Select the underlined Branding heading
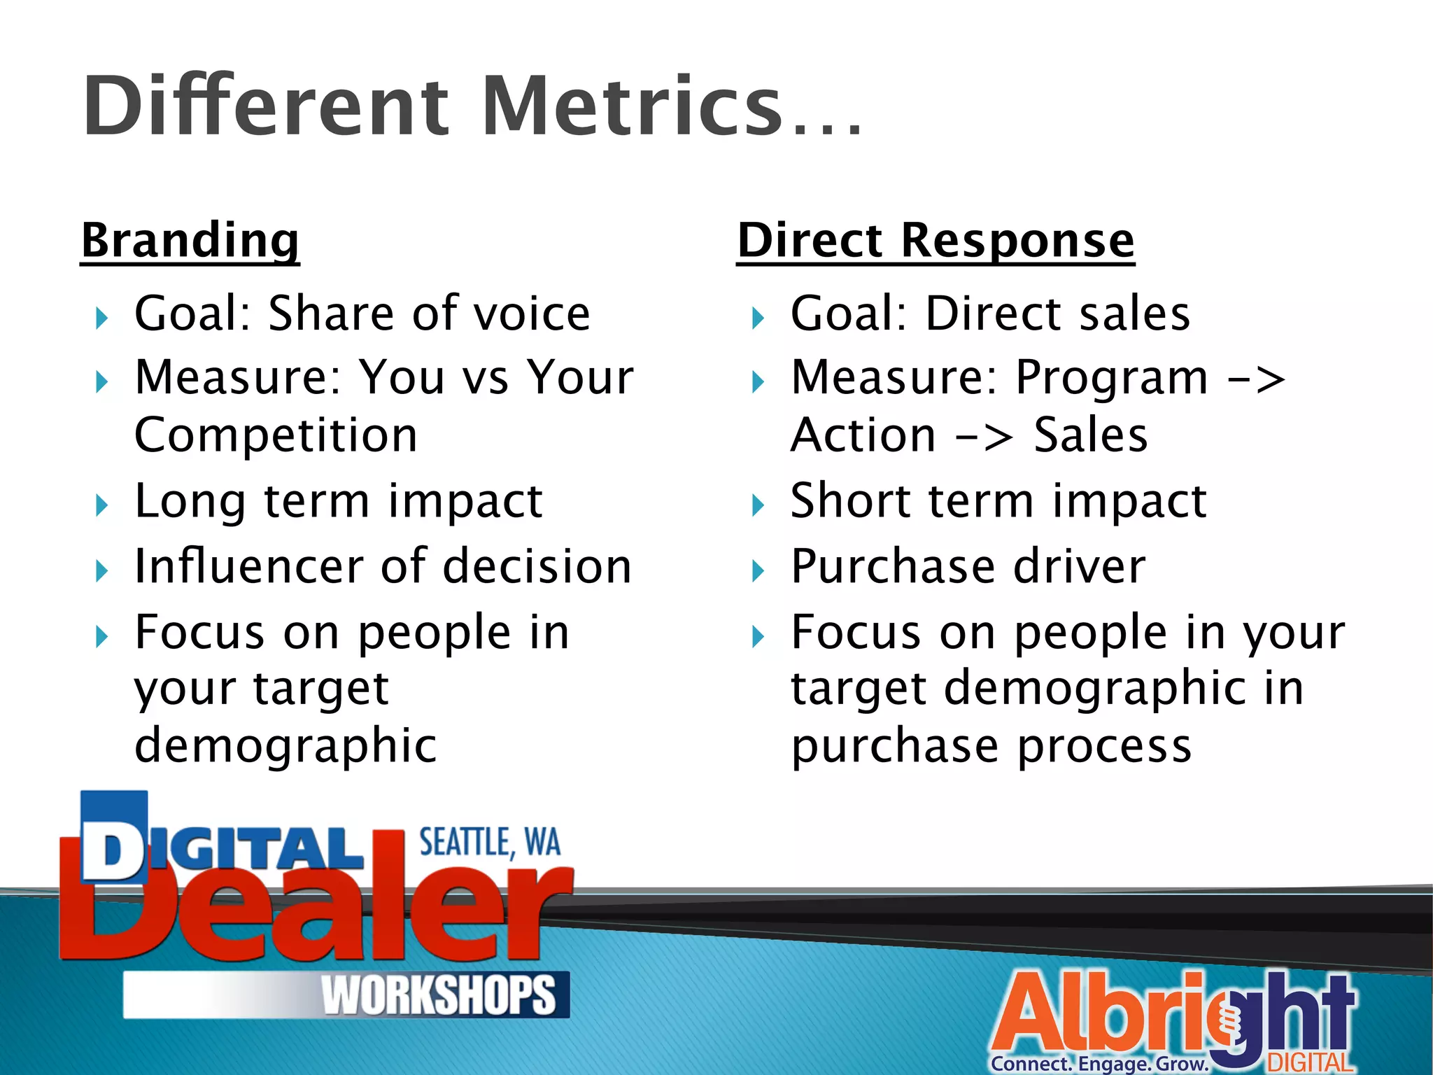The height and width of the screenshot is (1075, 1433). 190,240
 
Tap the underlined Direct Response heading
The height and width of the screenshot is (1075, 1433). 936,240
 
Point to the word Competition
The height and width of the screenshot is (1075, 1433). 276,435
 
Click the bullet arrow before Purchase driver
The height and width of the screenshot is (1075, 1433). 758,570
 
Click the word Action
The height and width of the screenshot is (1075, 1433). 863,435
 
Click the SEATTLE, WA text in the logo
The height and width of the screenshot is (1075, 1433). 490,843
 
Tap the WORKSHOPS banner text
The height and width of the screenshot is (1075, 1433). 439,995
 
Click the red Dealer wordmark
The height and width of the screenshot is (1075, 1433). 315,917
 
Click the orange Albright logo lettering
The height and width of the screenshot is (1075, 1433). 1106,1015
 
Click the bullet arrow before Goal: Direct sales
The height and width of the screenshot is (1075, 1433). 758,318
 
